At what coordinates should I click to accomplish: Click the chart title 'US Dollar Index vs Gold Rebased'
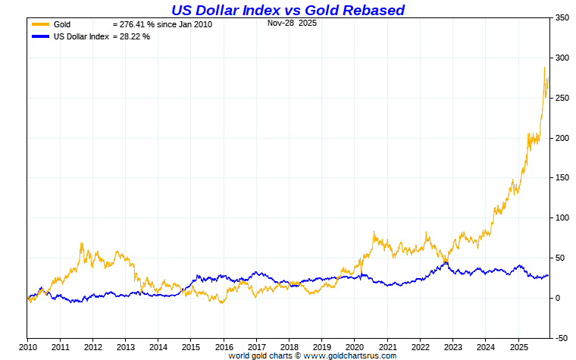click(x=287, y=10)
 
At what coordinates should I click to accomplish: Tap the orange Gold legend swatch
click(x=40, y=24)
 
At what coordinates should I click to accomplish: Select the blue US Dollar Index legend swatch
click(x=40, y=36)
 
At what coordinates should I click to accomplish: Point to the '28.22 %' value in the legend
click(x=134, y=36)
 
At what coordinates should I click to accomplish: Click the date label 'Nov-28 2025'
click(x=293, y=23)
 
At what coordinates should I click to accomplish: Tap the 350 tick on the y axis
click(x=562, y=17)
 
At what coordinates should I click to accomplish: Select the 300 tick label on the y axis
click(x=562, y=58)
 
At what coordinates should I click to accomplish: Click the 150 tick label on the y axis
click(x=562, y=178)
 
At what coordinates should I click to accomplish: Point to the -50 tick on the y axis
click(x=562, y=338)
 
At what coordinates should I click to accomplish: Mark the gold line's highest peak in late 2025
click(x=544, y=67)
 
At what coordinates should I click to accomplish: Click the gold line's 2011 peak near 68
click(x=81, y=243)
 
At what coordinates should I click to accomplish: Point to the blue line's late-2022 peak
click(x=446, y=262)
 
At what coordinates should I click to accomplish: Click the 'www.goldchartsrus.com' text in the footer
click(x=349, y=355)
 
